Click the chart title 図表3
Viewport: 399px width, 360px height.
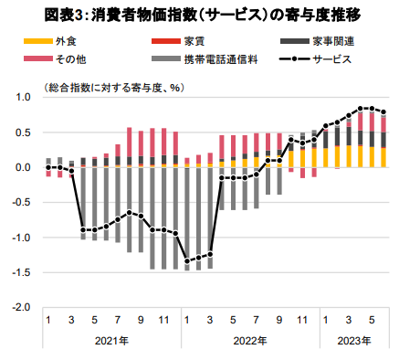coord(203,15)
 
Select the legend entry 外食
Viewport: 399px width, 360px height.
coord(66,41)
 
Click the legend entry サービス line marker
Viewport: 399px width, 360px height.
coord(294,59)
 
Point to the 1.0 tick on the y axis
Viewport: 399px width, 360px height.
coord(24,97)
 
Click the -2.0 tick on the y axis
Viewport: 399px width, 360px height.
coord(21,307)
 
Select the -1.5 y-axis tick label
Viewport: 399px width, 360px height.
coord(21,272)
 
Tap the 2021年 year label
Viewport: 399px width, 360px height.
coord(111,341)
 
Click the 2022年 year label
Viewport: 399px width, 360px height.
coord(250,341)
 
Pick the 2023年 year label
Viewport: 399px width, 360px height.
coord(354,341)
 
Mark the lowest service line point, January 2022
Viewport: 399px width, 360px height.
coord(187,261)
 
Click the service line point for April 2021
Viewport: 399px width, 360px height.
coord(83,229)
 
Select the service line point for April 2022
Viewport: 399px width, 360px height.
coord(222,178)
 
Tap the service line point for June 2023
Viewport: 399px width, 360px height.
coord(383,111)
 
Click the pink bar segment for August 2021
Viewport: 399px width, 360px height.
coord(130,143)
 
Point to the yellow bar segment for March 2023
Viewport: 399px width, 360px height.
coord(349,156)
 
